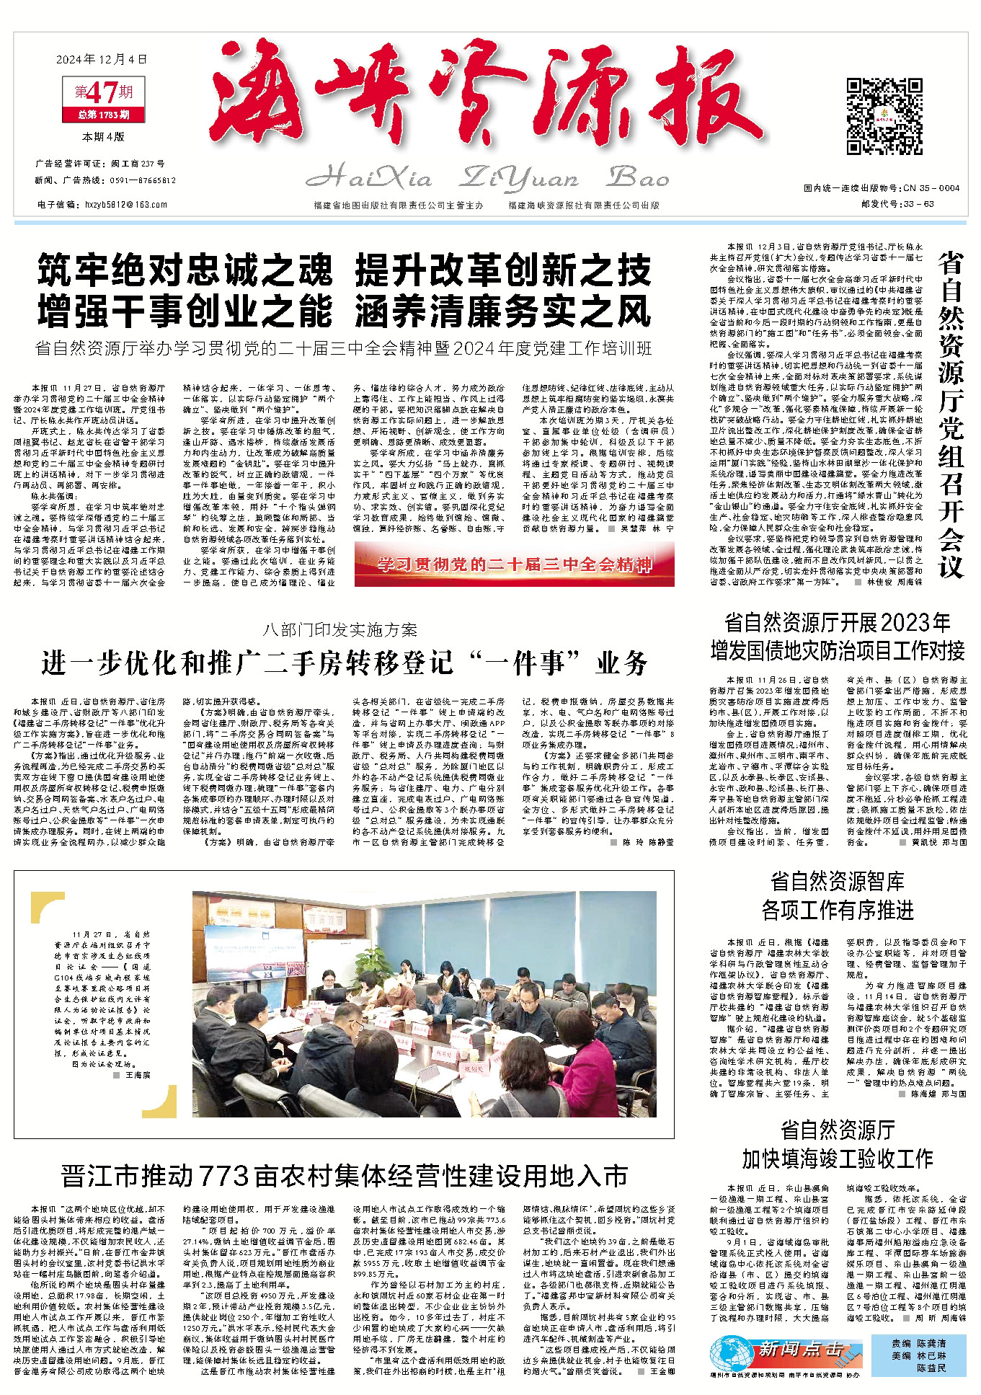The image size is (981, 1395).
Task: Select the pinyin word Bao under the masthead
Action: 639,177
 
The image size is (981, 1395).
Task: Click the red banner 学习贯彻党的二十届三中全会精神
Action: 515,564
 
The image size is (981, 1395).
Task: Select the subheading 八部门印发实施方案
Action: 340,630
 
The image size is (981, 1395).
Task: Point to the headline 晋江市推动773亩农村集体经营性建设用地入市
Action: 345,1176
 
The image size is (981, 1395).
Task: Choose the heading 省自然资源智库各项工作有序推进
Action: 837,895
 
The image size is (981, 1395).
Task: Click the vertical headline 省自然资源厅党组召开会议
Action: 951,415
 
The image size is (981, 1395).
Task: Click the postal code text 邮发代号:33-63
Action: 897,204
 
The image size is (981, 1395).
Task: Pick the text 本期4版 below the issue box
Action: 103,136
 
